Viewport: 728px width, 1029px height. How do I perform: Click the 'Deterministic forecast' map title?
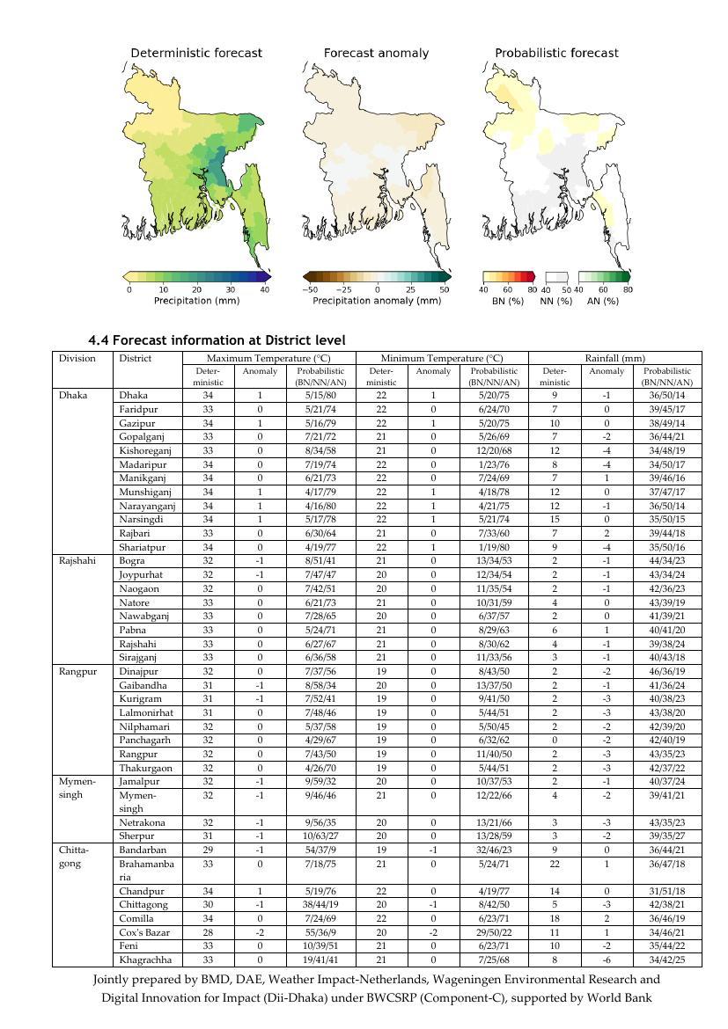tap(196, 53)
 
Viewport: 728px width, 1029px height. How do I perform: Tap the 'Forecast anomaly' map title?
tap(376, 53)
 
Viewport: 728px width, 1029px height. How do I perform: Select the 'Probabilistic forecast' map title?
tap(556, 53)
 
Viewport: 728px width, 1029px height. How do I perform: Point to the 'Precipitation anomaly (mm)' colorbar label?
tap(377, 301)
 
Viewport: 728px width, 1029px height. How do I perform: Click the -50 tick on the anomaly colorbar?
tap(310, 289)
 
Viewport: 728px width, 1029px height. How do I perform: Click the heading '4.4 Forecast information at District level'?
tap(217, 340)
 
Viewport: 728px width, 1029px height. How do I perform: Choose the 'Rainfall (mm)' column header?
tap(614, 359)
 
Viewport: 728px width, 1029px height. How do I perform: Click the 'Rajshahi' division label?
tap(77, 561)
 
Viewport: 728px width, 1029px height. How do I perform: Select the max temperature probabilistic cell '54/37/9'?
tap(321, 850)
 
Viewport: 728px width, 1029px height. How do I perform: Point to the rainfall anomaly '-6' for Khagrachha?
tap(607, 960)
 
